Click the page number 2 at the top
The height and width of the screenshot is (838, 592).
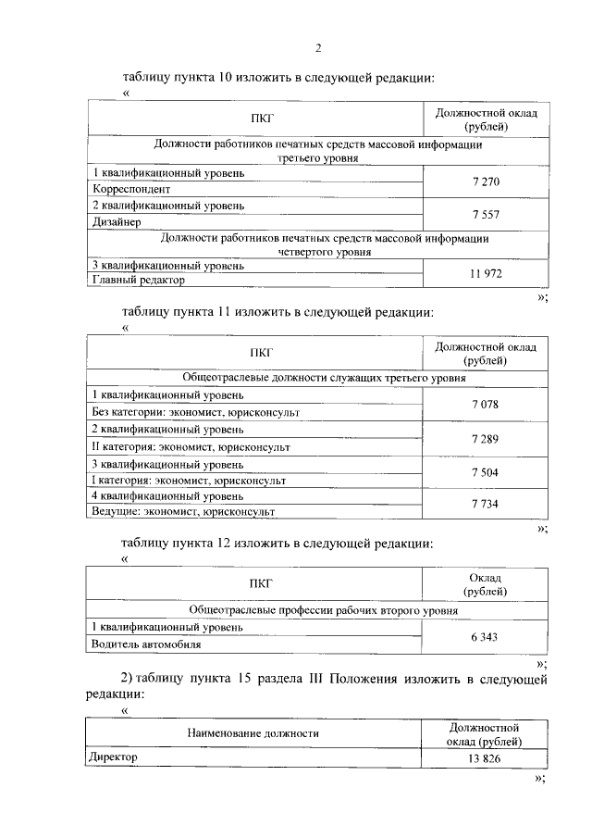pyautogui.click(x=318, y=47)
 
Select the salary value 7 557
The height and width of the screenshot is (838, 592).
pyautogui.click(x=485, y=214)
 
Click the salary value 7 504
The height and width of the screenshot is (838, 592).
pyautogui.click(x=485, y=471)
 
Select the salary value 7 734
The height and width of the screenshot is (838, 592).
pyautogui.click(x=485, y=503)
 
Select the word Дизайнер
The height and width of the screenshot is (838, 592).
pyautogui.click(x=116, y=222)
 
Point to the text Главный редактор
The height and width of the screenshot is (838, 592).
pyautogui.click(x=138, y=279)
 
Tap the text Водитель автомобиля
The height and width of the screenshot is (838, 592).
pyautogui.click(x=146, y=644)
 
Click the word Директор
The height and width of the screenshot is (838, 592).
pyautogui.click(x=114, y=757)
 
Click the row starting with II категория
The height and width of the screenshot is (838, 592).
pyautogui.click(x=190, y=446)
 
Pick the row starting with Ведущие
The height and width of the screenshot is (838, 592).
pyautogui.click(x=183, y=511)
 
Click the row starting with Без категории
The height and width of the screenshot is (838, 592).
pyautogui.click(x=194, y=411)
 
